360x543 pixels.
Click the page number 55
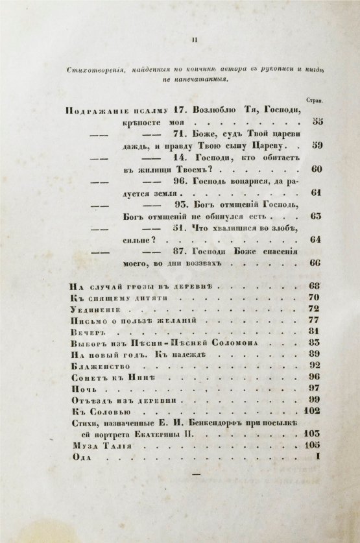click(x=317, y=122)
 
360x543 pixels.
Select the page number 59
click(x=317, y=145)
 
